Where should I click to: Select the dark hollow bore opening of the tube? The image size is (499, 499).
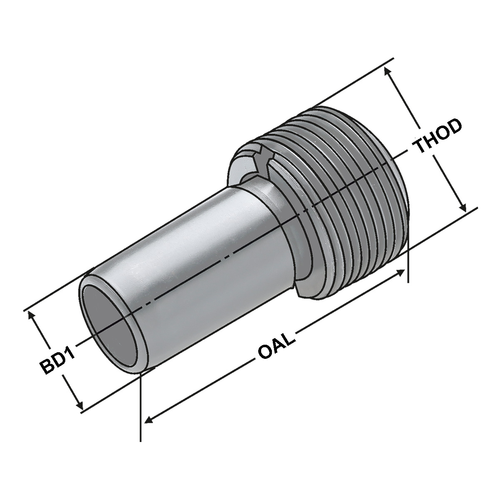point(111,327)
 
